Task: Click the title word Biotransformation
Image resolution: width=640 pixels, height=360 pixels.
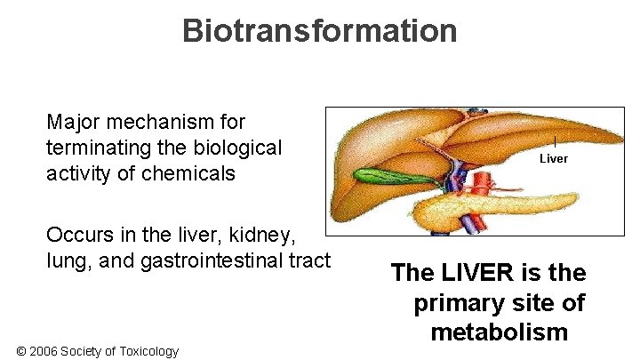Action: (319, 30)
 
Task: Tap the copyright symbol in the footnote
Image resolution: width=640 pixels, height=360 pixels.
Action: (21, 351)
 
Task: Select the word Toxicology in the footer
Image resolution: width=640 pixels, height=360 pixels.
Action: (149, 351)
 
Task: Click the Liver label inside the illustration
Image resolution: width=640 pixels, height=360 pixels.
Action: (554, 158)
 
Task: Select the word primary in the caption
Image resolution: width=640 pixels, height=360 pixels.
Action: (466, 303)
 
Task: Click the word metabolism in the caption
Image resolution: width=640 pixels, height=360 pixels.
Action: (499, 332)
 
